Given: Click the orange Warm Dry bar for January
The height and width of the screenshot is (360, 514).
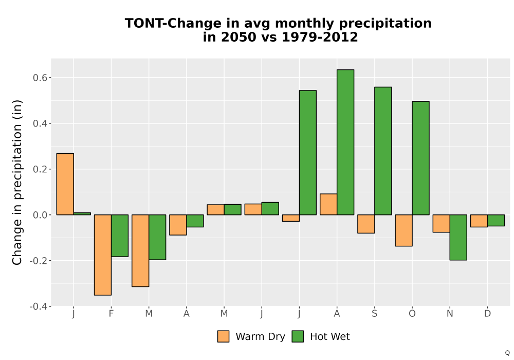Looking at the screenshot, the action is coord(65,184).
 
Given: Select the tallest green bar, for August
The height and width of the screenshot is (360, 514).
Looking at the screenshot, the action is coord(345,142).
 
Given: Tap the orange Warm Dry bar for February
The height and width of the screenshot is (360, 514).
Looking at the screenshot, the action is coord(103,255).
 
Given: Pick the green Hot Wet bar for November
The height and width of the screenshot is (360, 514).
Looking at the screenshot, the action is coord(458,238).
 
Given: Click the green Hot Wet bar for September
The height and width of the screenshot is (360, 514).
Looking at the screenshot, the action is coord(383,151).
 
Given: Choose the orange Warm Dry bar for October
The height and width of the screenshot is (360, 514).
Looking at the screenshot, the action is coord(403,230).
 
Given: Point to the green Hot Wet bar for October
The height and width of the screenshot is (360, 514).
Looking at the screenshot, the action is coord(420,158).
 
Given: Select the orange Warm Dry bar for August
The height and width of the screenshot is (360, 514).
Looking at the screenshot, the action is coord(328,204).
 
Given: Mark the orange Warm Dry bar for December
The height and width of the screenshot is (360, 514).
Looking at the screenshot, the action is coord(479,221).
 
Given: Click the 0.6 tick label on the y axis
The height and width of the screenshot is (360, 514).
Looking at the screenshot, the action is coord(40,78).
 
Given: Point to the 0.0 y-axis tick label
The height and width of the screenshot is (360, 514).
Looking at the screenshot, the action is coord(40,215).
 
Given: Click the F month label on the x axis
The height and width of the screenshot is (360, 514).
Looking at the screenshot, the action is coord(111,314).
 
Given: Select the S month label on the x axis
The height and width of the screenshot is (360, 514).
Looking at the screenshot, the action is coord(374,314).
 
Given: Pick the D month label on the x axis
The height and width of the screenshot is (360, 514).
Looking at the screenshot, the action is coord(487,314).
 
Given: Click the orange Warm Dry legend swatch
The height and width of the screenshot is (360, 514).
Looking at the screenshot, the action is coord(223,336).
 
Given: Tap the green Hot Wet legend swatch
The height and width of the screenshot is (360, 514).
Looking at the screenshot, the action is coord(298,336).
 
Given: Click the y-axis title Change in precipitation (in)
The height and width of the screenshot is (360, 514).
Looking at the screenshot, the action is coord(17,182).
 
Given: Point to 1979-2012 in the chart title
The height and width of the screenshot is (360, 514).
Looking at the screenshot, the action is coord(320,37).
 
